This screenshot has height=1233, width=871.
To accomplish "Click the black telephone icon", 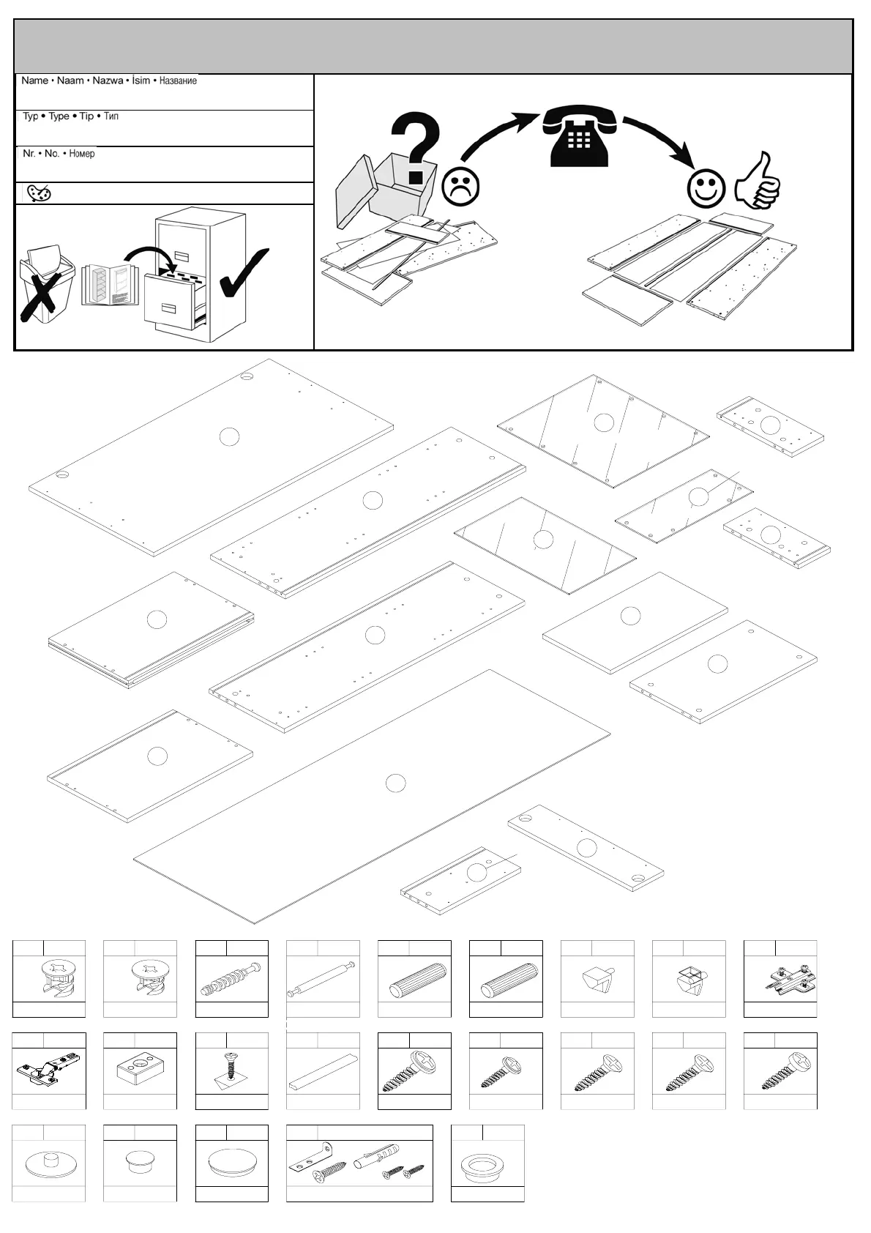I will click(578, 137).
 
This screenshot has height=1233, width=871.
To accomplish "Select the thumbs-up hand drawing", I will click(759, 181).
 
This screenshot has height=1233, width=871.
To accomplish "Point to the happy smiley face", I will click(706, 187).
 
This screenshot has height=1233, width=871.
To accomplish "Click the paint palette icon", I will click(38, 193).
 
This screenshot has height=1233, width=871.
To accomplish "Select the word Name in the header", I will click(34, 81).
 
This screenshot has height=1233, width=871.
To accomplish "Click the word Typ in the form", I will click(30, 116).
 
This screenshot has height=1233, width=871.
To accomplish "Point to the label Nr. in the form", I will click(29, 153).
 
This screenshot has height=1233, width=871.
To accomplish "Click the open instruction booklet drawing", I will click(110, 285).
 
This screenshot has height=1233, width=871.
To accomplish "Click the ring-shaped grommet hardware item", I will click(487, 1164).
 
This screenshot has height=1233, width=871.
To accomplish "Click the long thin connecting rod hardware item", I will click(322, 979).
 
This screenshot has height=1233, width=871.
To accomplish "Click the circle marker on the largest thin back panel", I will click(395, 783).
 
